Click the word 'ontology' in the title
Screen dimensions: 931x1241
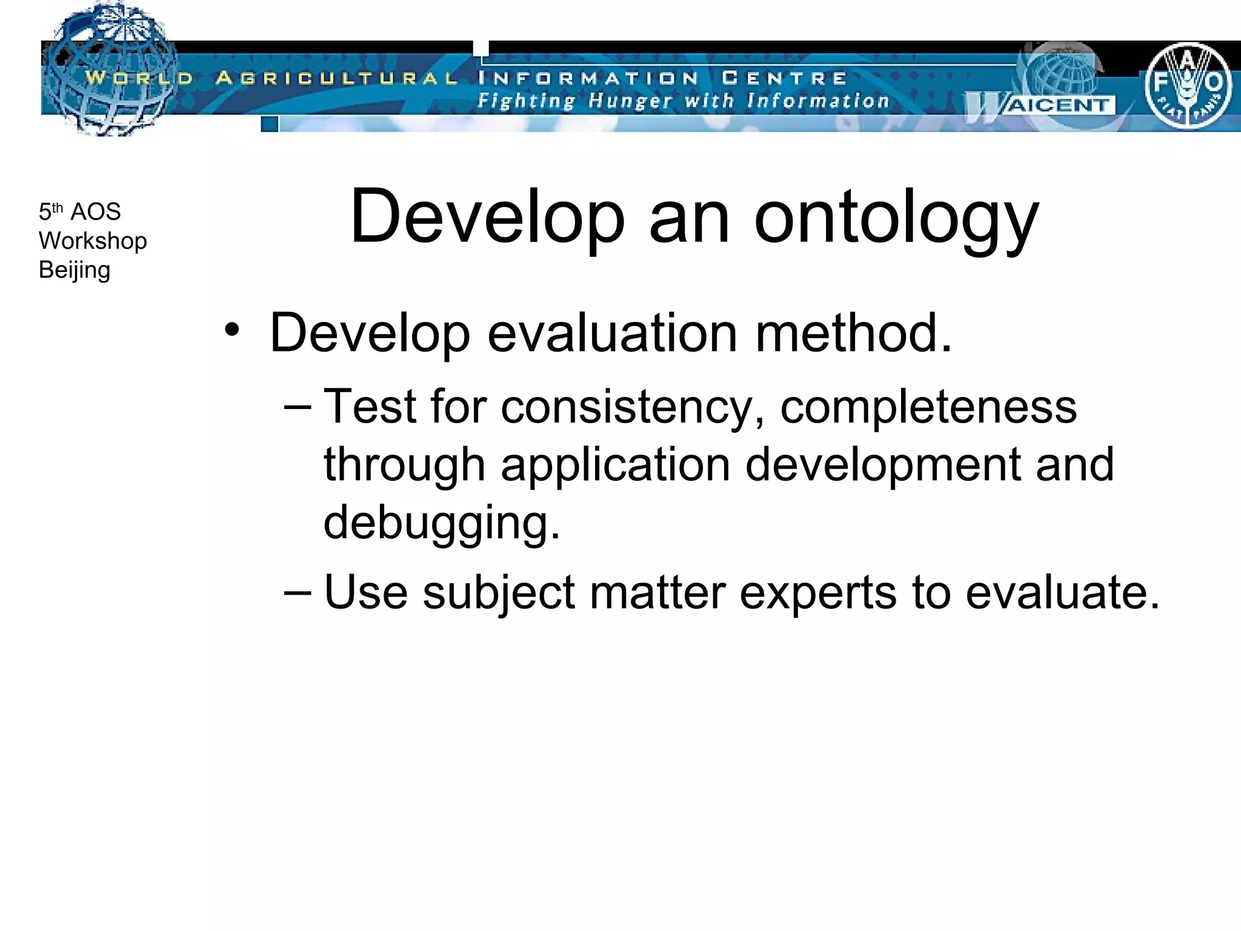click(x=896, y=218)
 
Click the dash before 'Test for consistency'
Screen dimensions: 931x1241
click(x=297, y=405)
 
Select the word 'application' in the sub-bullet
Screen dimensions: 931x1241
click(x=616, y=465)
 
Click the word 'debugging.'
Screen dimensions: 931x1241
click(x=442, y=522)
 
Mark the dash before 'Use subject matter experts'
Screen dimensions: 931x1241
click(x=297, y=590)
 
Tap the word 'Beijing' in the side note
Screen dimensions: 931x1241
click(x=75, y=270)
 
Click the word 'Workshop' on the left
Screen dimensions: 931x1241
click(x=93, y=241)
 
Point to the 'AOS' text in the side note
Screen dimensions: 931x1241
click(x=96, y=212)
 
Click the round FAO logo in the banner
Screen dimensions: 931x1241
click(x=1187, y=84)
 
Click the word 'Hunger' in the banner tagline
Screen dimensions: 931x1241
click(x=630, y=101)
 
